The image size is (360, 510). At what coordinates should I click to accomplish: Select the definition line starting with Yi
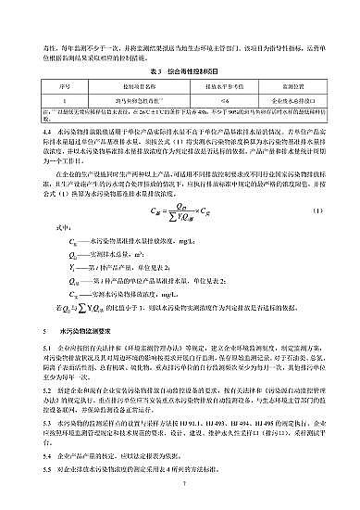[x=111, y=265]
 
